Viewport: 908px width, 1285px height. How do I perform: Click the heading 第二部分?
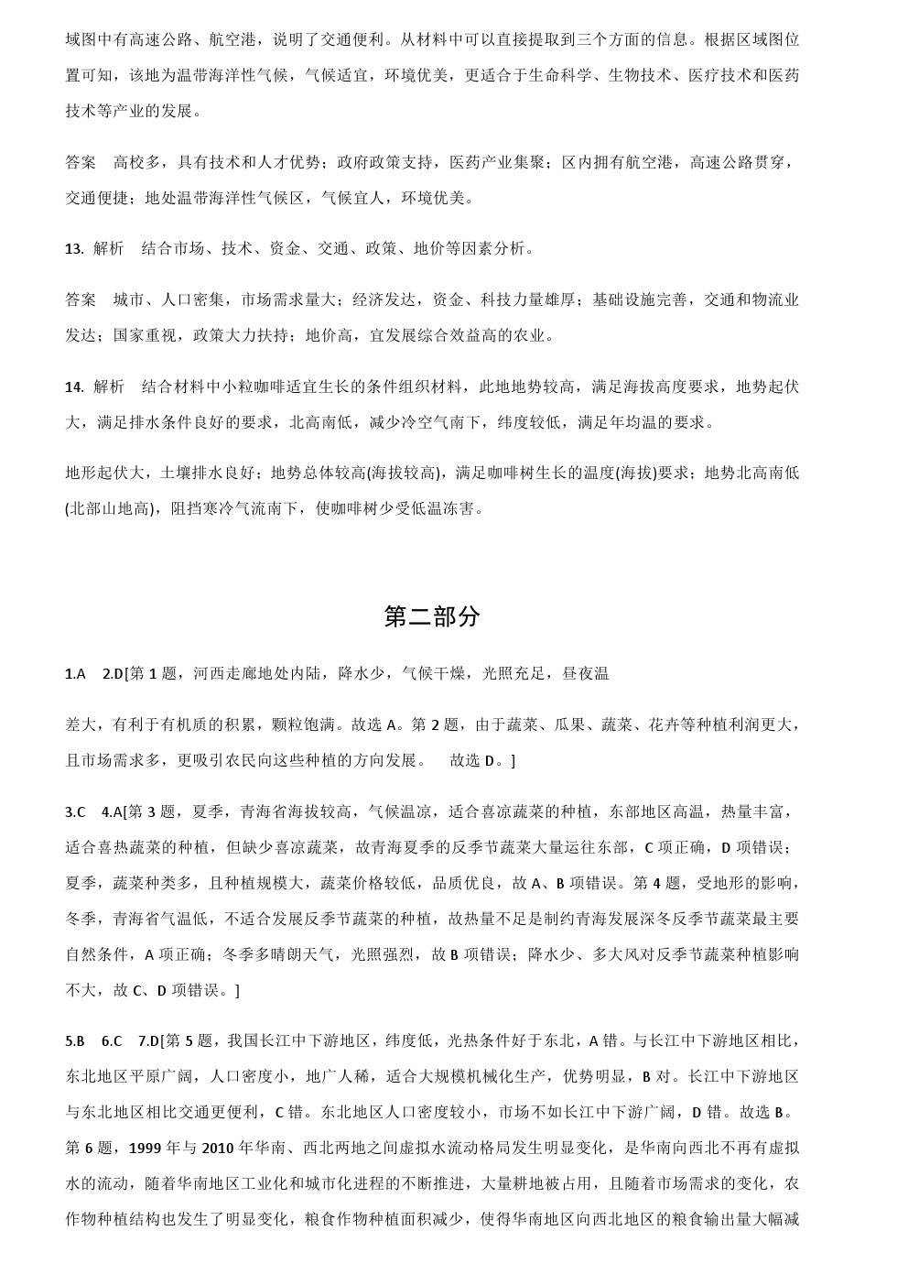coord(431,617)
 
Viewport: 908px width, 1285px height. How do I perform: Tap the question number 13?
coord(74,248)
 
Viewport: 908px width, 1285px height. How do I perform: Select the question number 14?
coord(74,387)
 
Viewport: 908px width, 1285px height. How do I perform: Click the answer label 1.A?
coord(75,674)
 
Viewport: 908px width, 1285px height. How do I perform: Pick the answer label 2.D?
coord(112,674)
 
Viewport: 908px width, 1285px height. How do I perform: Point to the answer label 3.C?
coord(75,811)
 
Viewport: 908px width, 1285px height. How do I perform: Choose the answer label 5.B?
coord(75,1040)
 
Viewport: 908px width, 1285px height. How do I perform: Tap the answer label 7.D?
coord(147,1040)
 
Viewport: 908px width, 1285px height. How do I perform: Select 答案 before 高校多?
coord(81,162)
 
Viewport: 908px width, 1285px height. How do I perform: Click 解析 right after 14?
coord(109,387)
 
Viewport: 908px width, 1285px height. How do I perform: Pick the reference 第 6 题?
coord(89,1148)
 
